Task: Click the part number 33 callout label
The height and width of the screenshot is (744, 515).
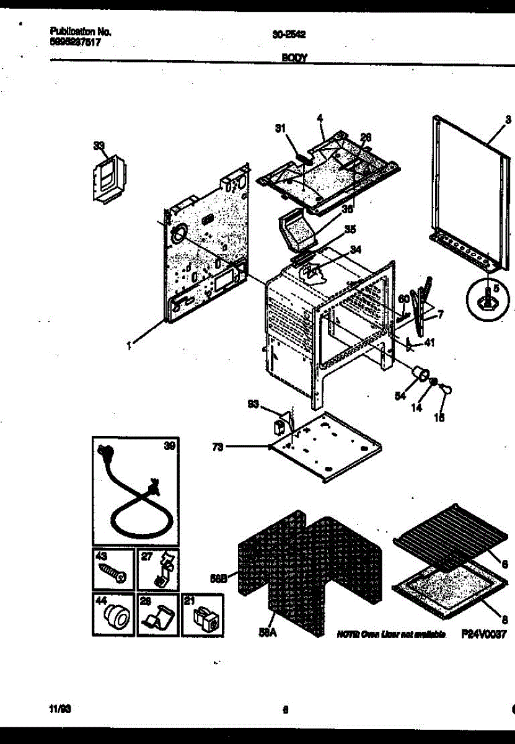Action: click(99, 146)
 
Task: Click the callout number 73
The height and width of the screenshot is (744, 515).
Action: click(218, 446)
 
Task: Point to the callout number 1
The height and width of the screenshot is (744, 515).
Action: click(130, 347)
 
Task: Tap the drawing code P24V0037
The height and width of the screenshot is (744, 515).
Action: click(484, 634)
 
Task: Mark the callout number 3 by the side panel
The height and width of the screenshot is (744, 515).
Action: click(508, 120)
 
